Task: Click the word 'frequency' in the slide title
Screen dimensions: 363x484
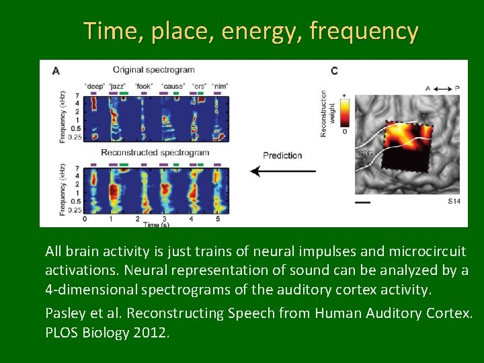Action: (x=364, y=32)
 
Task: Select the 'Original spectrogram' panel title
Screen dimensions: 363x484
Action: (x=154, y=69)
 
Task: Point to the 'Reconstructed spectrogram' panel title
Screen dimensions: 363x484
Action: (x=155, y=153)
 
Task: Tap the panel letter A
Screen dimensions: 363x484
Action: (x=55, y=70)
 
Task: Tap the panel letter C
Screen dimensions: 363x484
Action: (x=334, y=70)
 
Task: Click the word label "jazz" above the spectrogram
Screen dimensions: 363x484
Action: (x=118, y=86)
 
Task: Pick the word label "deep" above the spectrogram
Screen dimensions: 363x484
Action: (x=93, y=86)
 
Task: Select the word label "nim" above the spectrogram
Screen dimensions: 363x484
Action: (x=219, y=86)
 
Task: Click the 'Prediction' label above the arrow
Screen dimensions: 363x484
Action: (x=282, y=155)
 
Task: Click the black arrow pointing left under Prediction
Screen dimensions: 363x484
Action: (x=282, y=171)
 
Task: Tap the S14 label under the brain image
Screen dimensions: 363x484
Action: (x=454, y=201)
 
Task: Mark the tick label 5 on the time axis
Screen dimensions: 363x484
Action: (x=217, y=218)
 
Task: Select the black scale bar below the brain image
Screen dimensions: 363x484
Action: (x=362, y=201)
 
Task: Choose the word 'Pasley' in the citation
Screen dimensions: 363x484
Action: (x=65, y=314)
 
